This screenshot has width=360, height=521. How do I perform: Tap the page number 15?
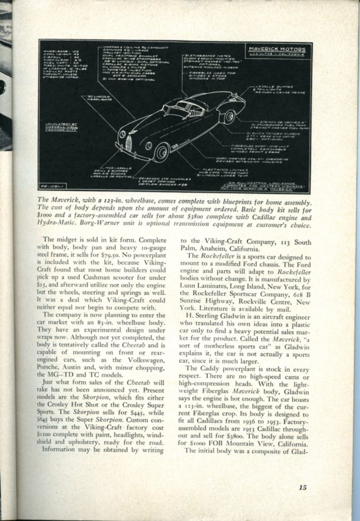point(302,488)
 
